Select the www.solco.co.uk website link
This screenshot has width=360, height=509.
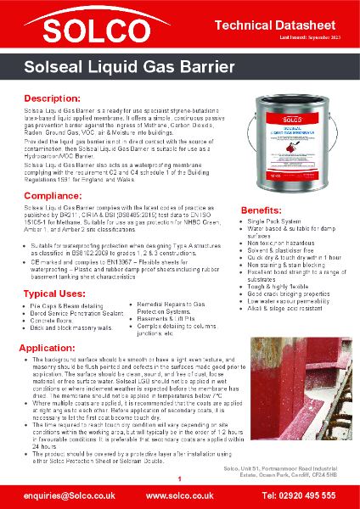click(179, 494)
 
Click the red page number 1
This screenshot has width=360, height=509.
click(179, 480)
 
